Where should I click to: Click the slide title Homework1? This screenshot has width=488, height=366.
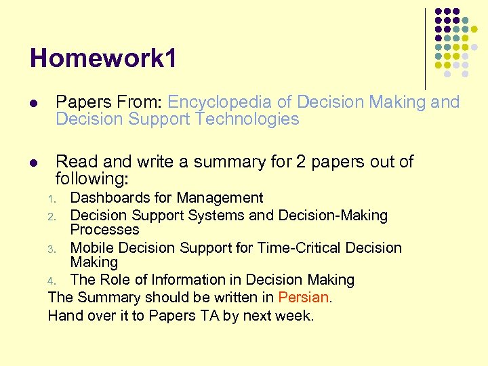click(x=104, y=59)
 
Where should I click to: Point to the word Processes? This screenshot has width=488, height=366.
click(x=104, y=230)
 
